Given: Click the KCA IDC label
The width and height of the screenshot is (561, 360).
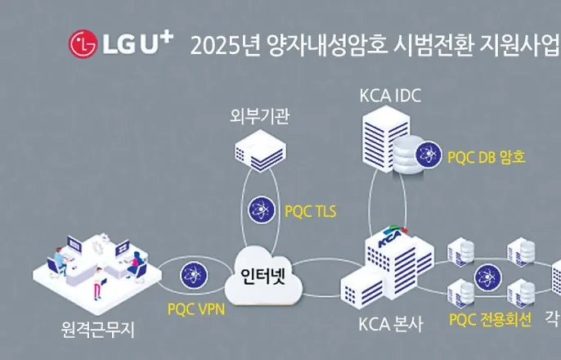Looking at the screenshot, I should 390,96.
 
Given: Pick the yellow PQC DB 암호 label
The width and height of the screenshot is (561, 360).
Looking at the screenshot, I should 486,155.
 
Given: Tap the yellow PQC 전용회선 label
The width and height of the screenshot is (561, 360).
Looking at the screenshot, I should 491,317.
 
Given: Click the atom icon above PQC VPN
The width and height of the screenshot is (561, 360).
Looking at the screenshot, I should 194,272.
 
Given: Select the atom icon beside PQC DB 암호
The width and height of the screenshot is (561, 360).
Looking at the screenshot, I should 429,153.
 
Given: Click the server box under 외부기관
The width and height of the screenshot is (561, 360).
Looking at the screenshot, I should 258,153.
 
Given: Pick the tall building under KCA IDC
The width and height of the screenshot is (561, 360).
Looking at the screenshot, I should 384,139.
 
